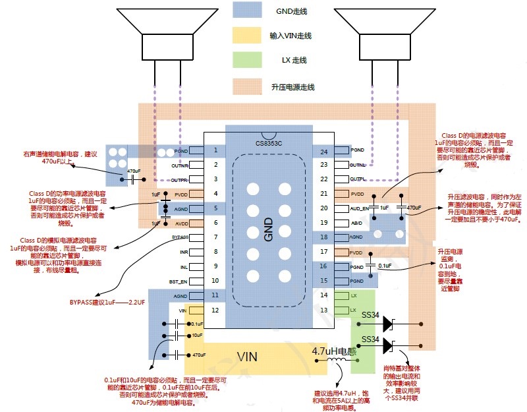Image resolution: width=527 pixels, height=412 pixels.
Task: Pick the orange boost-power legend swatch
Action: click(250, 86)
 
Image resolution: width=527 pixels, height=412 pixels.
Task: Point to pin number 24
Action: click(323, 151)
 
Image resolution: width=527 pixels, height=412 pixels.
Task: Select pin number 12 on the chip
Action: click(215, 310)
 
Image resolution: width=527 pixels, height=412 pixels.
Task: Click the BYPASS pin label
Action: click(180, 237)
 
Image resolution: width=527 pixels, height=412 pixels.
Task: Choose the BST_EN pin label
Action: click(179, 281)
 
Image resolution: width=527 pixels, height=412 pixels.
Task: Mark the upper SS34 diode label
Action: click(371, 316)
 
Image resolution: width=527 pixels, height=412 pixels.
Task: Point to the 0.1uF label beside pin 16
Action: click(385, 266)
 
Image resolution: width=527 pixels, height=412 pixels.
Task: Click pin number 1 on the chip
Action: click(215, 150)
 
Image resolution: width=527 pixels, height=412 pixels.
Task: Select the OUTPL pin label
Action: click(358, 179)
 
